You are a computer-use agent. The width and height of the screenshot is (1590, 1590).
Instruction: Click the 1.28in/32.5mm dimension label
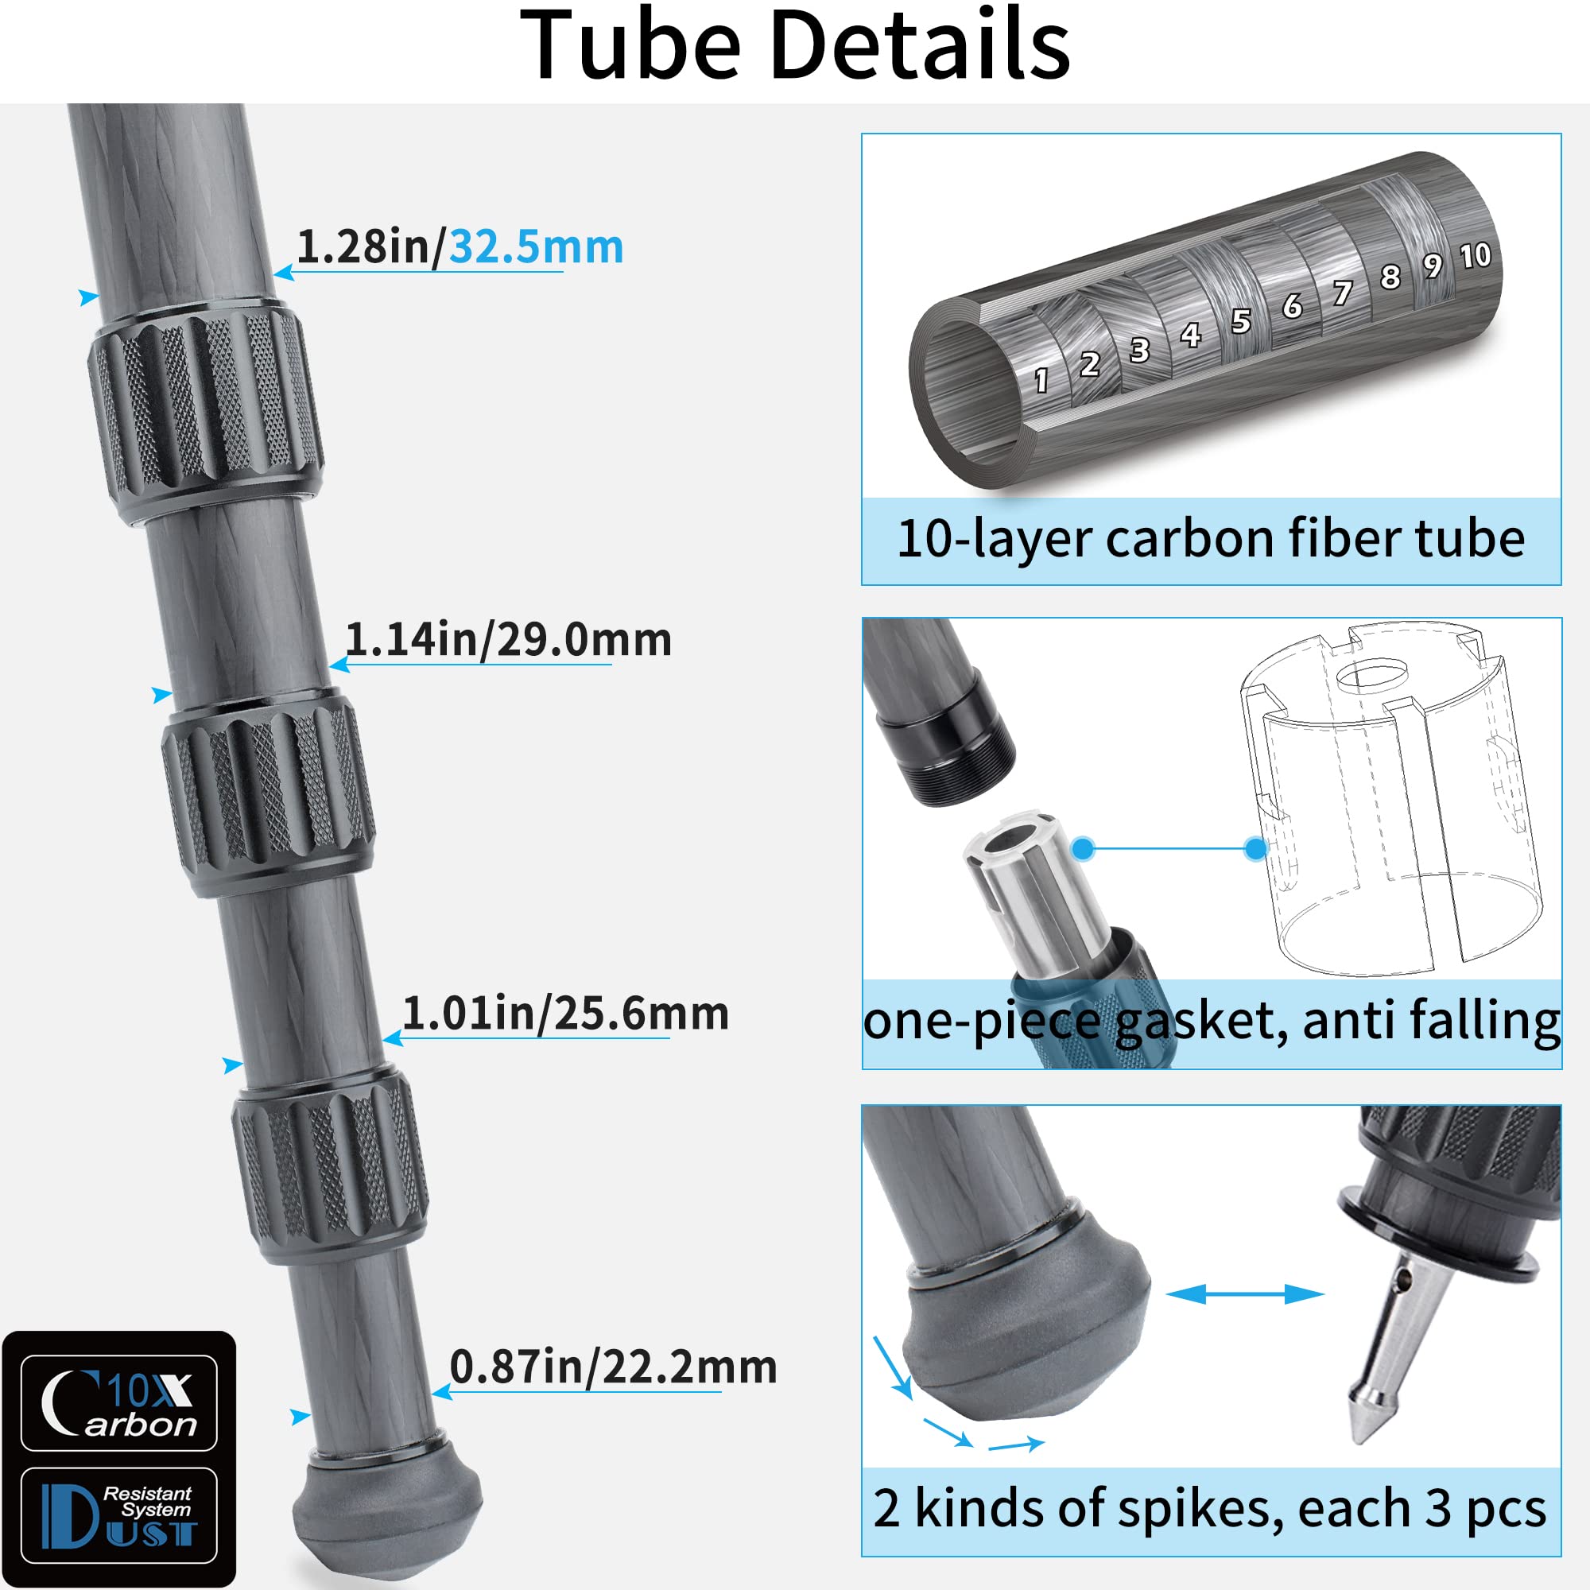pyautogui.click(x=460, y=247)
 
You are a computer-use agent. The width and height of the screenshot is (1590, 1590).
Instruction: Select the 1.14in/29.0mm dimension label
pyautogui.click(x=508, y=639)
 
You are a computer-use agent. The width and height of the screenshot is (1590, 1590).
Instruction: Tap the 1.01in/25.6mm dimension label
pyautogui.click(x=565, y=1013)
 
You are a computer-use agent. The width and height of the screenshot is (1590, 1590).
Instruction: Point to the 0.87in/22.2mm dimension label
pyautogui.click(x=613, y=1367)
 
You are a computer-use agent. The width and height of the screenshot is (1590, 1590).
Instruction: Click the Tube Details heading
pyautogui.click(x=794, y=45)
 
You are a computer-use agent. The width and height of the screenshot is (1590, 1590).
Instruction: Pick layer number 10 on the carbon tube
pyautogui.click(x=1475, y=256)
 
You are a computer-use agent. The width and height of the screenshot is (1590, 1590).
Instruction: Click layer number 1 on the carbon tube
pyautogui.click(x=1041, y=380)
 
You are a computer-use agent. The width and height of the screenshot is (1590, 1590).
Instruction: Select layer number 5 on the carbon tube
pyautogui.click(x=1240, y=322)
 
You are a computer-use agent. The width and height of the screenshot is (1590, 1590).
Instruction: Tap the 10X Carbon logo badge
pyautogui.click(x=119, y=1403)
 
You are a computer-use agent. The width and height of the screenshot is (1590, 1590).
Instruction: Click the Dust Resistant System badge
pyautogui.click(x=119, y=1515)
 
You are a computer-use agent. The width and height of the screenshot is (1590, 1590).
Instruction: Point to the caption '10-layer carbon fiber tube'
pyautogui.click(x=1211, y=539)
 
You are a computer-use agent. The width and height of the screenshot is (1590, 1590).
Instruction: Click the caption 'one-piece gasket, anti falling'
pyautogui.click(x=1211, y=1022)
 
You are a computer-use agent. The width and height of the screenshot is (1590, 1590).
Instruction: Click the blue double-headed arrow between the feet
pyautogui.click(x=1244, y=1294)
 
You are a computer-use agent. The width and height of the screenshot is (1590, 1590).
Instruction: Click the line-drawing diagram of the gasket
pyautogui.click(x=1390, y=798)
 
